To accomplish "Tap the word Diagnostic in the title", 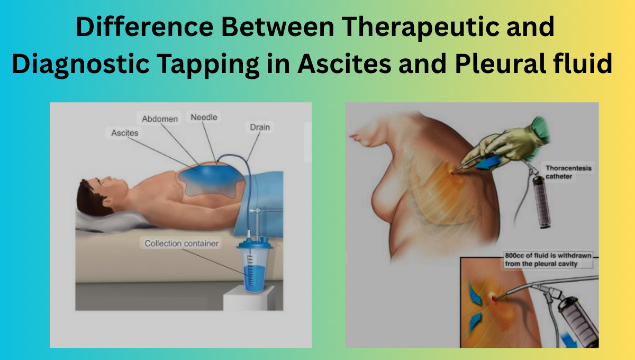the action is click(80, 64).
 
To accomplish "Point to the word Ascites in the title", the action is click(344, 64).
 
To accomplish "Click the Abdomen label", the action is click(160, 119).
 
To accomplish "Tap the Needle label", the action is click(204, 117).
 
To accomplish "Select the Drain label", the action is click(260, 127).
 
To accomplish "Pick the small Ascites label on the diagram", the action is click(124, 133).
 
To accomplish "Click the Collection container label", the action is click(182, 244).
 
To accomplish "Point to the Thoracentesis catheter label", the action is click(568, 172).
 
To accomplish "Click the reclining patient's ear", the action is click(108, 202).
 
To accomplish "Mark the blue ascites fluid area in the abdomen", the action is click(211, 181).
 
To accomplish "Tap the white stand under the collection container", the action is click(249, 299).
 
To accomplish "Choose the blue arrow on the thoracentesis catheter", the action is click(488, 163).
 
